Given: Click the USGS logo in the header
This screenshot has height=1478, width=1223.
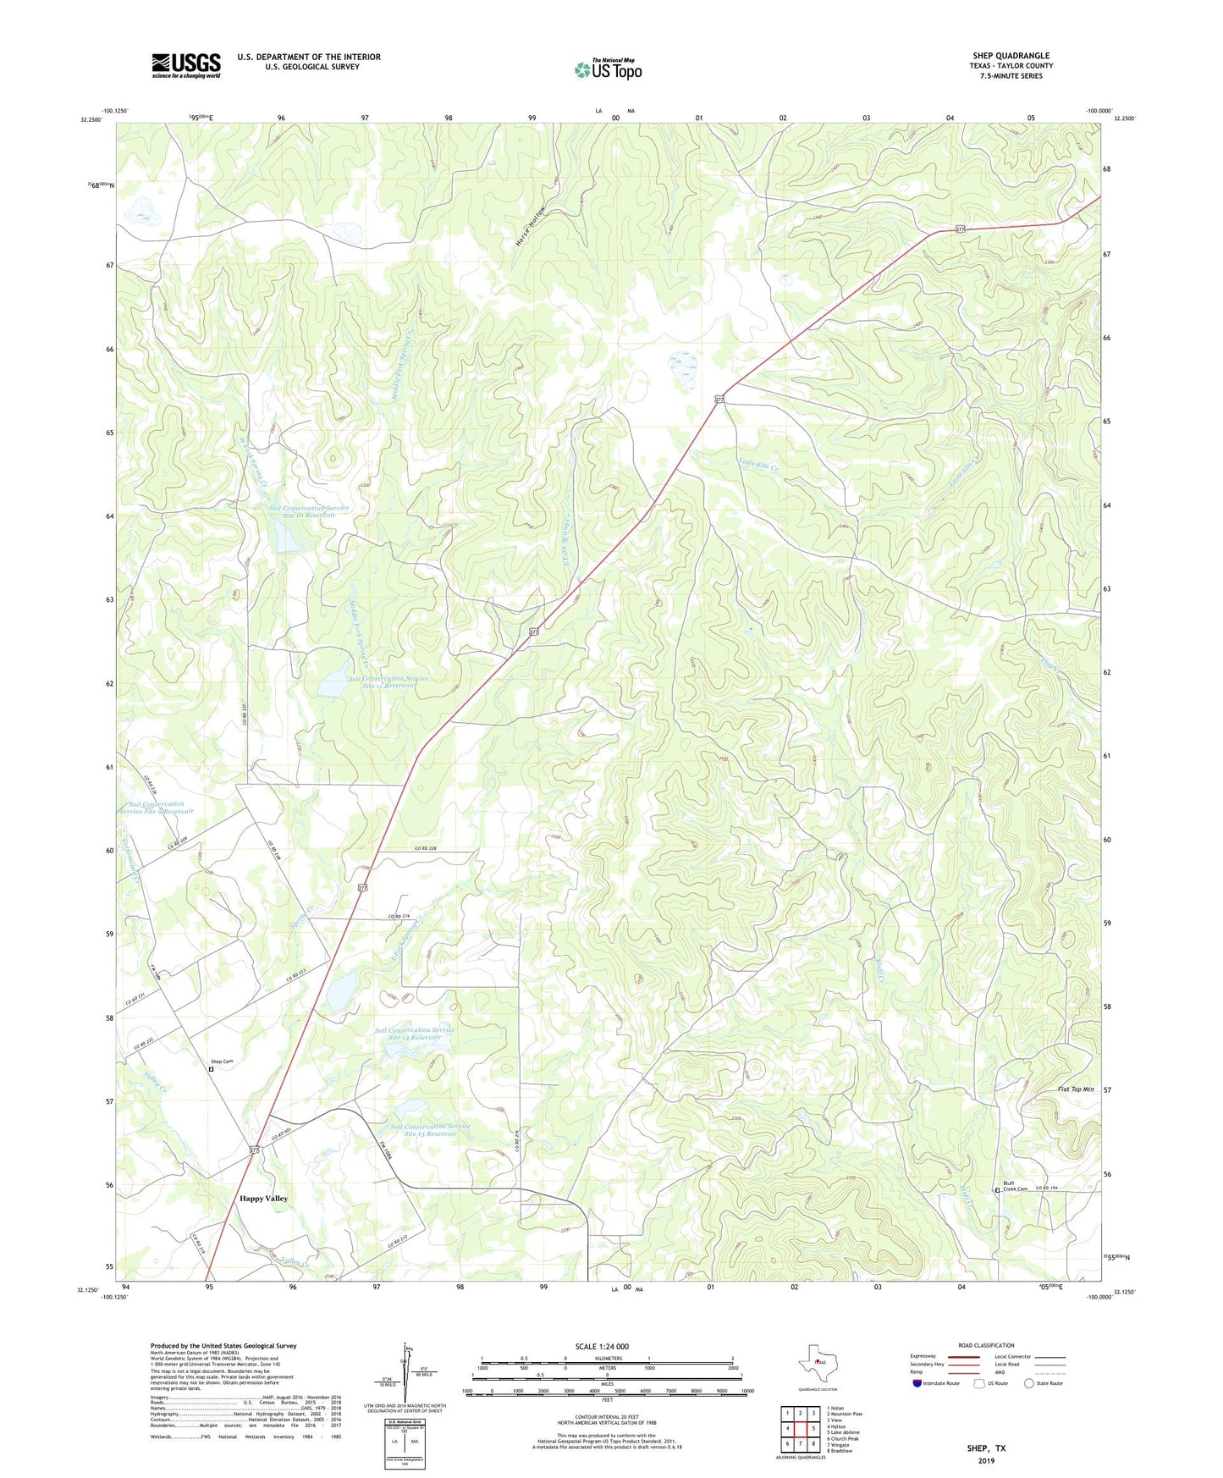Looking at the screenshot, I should click(185, 64).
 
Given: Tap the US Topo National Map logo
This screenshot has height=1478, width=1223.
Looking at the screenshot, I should click(609, 69).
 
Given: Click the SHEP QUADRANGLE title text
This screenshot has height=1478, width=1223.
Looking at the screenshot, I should click(1011, 56).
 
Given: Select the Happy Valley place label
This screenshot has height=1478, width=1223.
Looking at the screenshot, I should click(263, 1198).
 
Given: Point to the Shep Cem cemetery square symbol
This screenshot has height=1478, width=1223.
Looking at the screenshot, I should click(211, 1069).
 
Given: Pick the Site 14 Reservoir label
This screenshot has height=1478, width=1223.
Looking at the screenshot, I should click(415, 1034).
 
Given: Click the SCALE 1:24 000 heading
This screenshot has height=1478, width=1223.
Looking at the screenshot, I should click(602, 1346).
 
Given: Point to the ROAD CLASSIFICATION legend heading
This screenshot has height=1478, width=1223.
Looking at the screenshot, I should click(986, 1345).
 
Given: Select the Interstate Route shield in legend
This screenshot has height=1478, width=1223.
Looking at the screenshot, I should click(917, 1383).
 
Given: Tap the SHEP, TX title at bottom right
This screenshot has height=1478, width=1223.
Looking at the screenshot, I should click(986, 1448).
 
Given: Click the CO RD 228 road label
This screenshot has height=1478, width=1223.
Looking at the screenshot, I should click(426, 848).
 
